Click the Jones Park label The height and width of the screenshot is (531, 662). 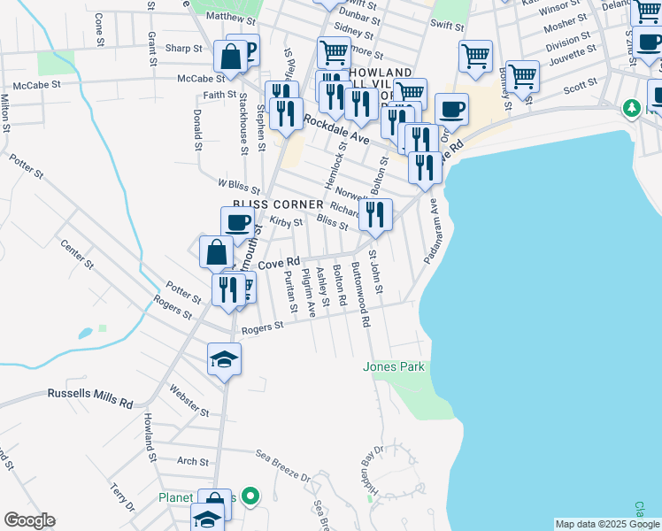click(x=394, y=366)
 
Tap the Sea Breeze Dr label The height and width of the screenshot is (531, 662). click(x=284, y=466)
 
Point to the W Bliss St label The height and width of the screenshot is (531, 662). click(x=238, y=186)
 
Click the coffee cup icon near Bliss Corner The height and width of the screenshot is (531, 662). click(x=237, y=222)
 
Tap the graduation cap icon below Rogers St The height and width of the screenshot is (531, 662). click(x=224, y=358)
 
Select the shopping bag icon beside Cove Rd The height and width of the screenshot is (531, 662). click(x=216, y=251)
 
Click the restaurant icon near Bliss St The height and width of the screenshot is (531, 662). click(x=375, y=214)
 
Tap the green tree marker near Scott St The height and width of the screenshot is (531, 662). click(x=631, y=108)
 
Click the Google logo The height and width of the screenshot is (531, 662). click(x=29, y=520)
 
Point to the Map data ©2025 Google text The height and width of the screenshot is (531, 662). click(x=607, y=524)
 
